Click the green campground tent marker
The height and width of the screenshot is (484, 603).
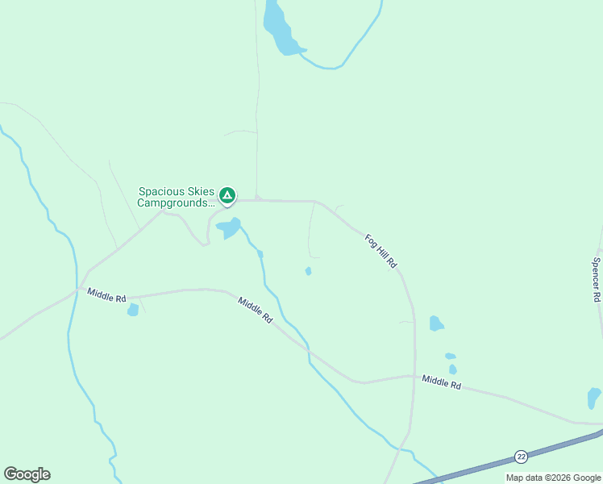(228, 194)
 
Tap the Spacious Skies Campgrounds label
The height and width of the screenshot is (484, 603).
(177, 198)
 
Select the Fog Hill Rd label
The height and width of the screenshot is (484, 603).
(381, 251)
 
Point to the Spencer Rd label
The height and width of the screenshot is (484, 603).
(597, 279)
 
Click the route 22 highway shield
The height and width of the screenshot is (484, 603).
(521, 457)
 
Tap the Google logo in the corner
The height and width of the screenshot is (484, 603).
(27, 474)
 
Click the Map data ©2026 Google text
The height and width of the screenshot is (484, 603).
(554, 478)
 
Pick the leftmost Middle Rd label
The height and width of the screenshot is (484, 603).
(106, 295)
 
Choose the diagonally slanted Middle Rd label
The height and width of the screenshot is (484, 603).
(255, 311)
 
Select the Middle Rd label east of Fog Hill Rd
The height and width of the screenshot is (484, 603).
(441, 382)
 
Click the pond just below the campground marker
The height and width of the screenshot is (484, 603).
(228, 228)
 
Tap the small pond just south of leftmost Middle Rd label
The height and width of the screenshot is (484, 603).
(133, 310)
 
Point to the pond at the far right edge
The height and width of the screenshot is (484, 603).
(594, 397)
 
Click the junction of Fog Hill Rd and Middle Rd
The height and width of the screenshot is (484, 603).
(415, 376)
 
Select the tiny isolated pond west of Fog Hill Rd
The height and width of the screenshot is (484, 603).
(309, 271)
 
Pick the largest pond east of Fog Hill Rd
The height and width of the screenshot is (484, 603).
(436, 323)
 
